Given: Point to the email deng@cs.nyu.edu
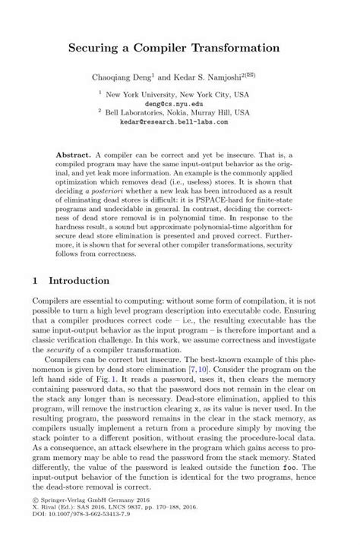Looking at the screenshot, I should tap(180, 102).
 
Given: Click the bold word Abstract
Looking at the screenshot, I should tap(73, 153).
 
